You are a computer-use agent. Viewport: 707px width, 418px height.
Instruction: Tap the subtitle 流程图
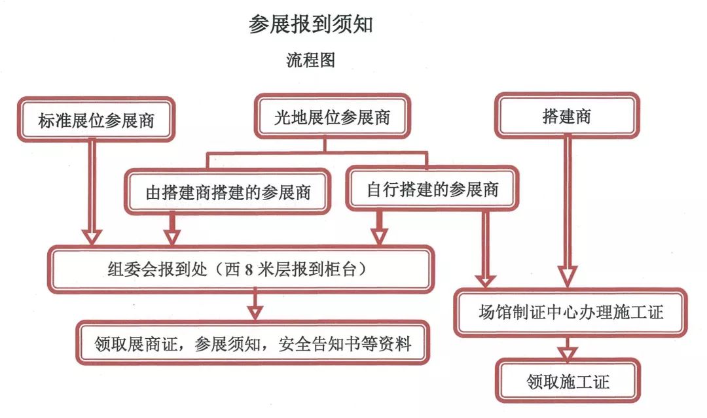(310, 61)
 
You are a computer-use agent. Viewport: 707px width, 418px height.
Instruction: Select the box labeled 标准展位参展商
(96, 120)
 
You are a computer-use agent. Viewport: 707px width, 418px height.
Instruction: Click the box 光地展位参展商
(332, 118)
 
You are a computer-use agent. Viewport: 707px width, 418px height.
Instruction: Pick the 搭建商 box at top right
(567, 117)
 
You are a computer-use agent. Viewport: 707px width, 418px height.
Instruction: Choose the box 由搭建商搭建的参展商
(228, 193)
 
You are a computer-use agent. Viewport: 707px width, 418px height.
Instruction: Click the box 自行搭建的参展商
(432, 190)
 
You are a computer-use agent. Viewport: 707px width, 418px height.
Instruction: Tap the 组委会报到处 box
(241, 269)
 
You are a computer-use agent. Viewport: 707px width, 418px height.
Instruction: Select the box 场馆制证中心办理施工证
(570, 312)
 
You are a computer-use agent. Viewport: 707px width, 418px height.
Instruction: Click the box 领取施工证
(568, 381)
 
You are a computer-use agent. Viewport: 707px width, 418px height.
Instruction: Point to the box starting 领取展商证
(253, 343)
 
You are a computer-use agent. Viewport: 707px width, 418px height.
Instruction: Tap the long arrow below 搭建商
(567, 209)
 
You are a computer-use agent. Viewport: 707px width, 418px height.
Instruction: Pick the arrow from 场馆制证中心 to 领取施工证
(567, 348)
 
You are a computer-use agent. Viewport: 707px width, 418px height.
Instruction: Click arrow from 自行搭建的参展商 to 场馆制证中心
(485, 249)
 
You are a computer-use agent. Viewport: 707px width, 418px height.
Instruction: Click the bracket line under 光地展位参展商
(317, 154)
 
